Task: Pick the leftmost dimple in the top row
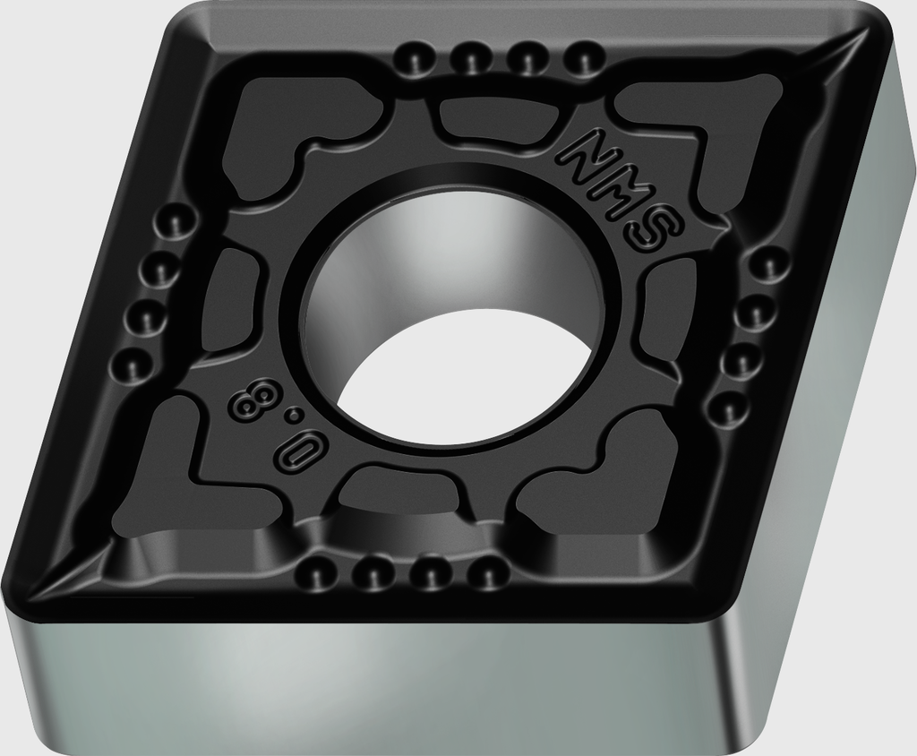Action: (x=416, y=57)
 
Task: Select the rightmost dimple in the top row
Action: (x=585, y=56)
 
